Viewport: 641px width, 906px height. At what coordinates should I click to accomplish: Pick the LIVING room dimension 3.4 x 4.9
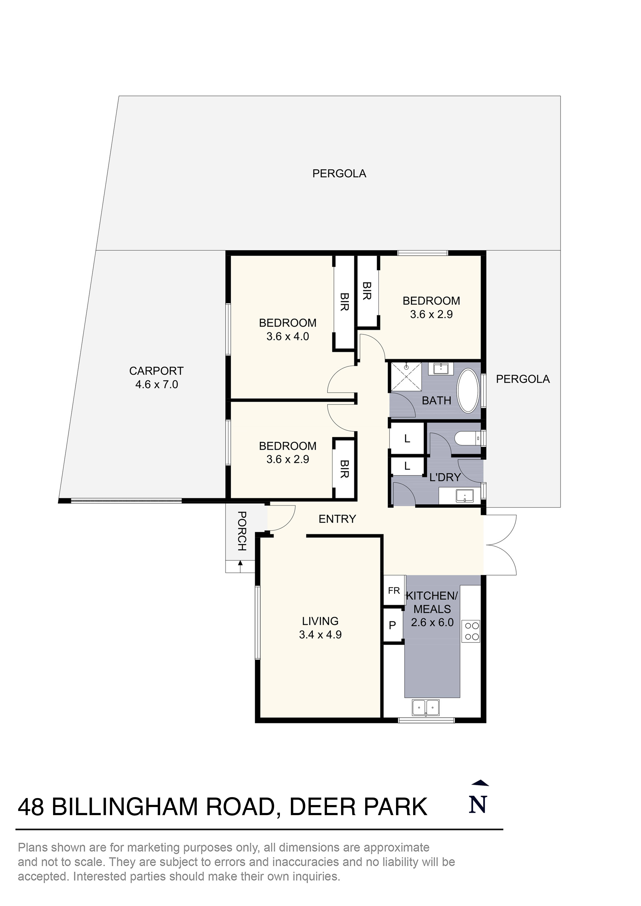click(x=320, y=635)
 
